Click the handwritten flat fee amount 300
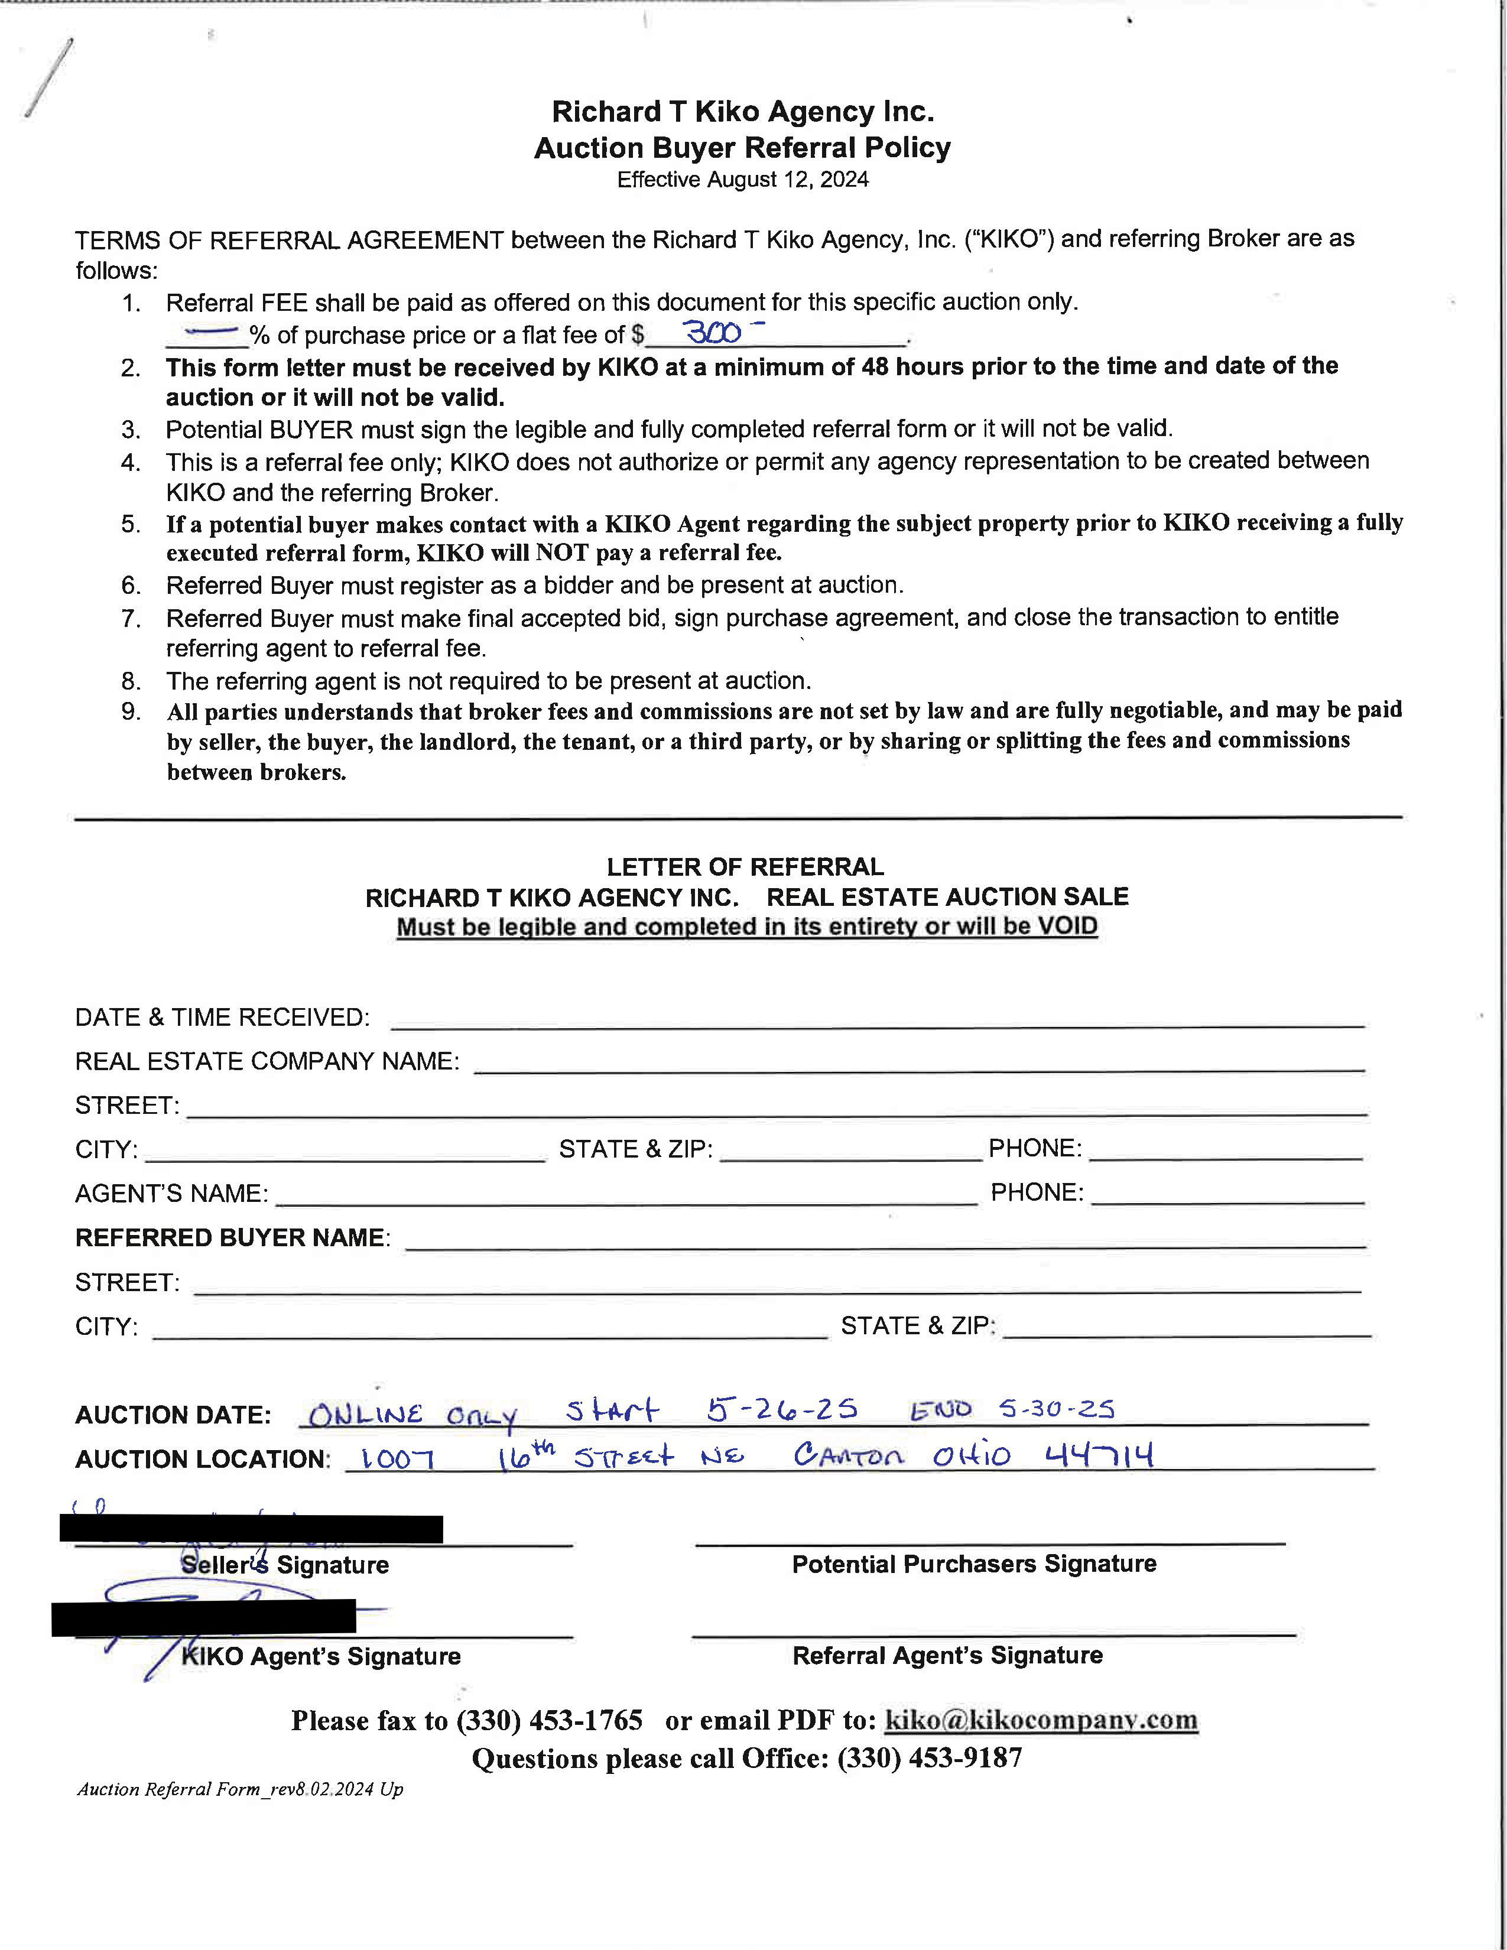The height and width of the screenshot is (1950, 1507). (x=713, y=333)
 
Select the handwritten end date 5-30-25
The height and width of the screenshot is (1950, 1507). (x=1056, y=1408)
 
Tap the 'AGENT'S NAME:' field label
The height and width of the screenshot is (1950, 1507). (x=171, y=1193)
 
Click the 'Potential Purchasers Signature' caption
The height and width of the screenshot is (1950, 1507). (x=973, y=1564)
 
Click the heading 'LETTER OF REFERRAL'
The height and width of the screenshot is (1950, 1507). (x=745, y=866)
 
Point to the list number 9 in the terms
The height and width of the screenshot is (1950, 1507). (x=131, y=711)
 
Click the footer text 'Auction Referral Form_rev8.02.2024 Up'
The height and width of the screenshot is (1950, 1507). (x=240, y=1789)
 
